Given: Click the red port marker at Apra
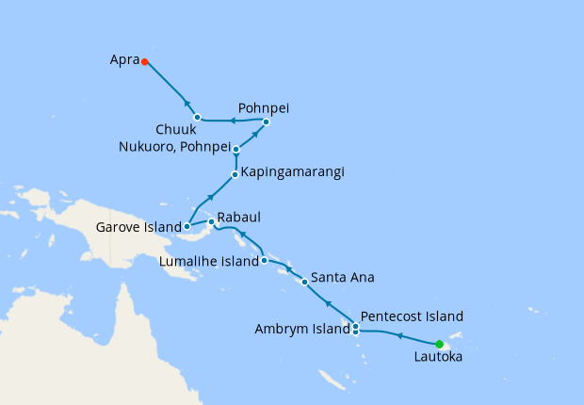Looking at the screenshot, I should tap(144, 62).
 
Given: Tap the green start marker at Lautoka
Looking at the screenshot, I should tap(439, 344).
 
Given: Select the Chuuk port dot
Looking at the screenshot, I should tap(197, 118).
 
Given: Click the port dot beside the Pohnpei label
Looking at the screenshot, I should tap(267, 121).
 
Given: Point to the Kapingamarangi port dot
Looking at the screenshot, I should tap(235, 174).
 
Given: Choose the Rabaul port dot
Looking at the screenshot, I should tap(211, 222).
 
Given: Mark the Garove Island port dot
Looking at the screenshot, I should tap(187, 226).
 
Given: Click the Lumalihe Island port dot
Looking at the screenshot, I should tap(265, 260).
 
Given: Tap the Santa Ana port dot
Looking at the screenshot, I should tap(304, 282).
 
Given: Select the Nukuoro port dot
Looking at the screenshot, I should tap(236, 149).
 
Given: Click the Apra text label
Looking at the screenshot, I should tap(123, 61).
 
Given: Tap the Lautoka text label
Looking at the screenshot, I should tap(439, 358).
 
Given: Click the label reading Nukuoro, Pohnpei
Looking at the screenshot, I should tap(174, 146).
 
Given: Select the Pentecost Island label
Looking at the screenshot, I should tap(412, 316).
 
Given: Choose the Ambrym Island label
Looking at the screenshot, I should tap(301, 329).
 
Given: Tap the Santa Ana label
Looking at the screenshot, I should tap(343, 278).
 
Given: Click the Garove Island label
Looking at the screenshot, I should tap(139, 227).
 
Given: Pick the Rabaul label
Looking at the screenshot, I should tap(239, 218).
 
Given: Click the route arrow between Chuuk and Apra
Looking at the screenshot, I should tap(187, 104).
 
